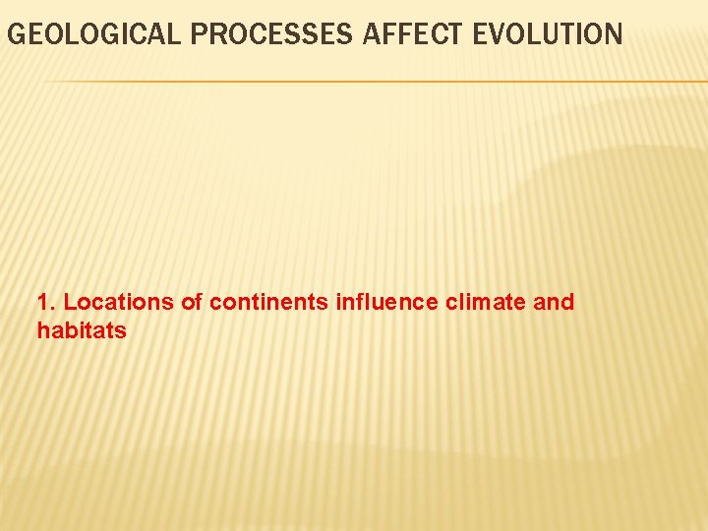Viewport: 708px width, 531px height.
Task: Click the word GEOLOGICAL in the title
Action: [94, 35]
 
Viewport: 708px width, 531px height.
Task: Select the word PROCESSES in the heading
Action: [272, 35]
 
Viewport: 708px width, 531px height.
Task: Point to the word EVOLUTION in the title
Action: [548, 35]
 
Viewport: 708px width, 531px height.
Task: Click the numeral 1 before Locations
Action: [42, 302]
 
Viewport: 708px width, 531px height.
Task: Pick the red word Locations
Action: [119, 302]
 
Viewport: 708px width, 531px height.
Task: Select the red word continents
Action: [269, 302]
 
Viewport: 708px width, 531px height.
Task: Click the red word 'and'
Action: [554, 302]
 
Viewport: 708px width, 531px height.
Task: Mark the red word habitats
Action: [82, 331]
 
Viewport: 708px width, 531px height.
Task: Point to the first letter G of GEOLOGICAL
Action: [15, 35]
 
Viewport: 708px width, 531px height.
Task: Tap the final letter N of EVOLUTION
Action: [614, 35]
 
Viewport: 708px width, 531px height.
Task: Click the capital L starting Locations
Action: [69, 302]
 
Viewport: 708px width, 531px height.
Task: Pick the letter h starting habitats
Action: [43, 331]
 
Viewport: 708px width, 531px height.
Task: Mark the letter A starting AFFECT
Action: [372, 35]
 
